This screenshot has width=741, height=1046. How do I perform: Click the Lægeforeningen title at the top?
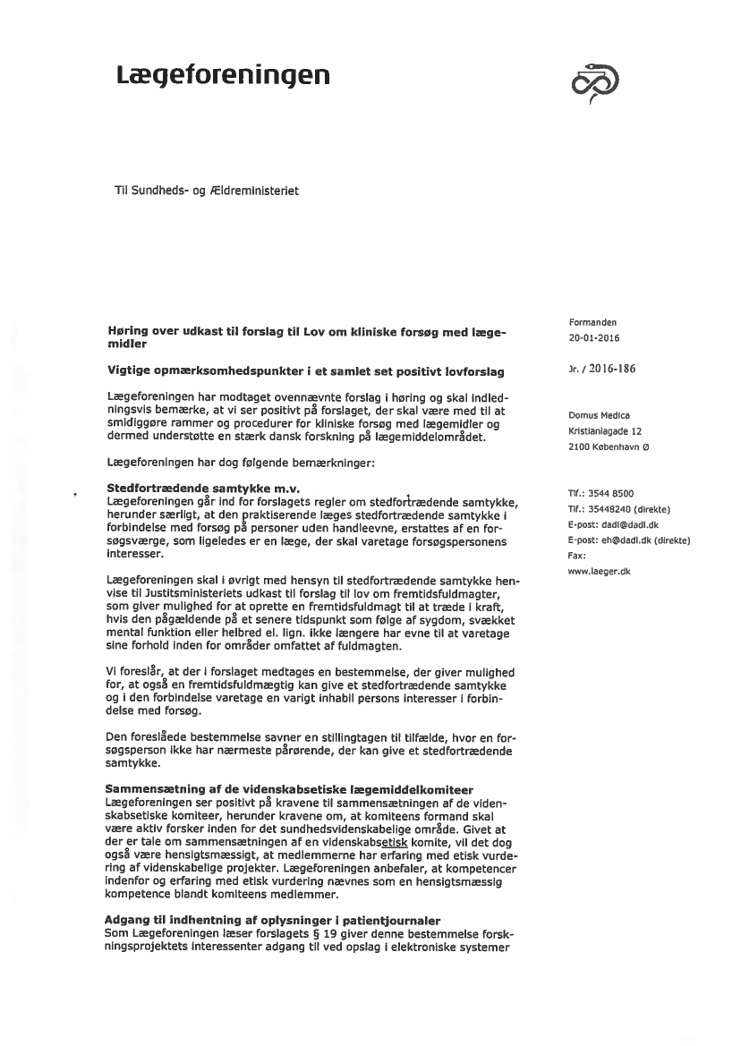click(x=223, y=76)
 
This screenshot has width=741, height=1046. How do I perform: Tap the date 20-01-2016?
click(x=593, y=338)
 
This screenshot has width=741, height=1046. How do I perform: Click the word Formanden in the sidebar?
click(x=592, y=322)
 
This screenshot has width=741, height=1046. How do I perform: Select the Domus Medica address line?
click(x=599, y=415)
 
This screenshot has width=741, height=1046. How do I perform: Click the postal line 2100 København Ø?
click(x=609, y=446)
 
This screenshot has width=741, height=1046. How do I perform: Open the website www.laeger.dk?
click(x=599, y=571)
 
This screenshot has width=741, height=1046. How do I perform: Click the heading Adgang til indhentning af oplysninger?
click(x=272, y=921)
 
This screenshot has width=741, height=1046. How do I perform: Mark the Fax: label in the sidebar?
click(x=577, y=556)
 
